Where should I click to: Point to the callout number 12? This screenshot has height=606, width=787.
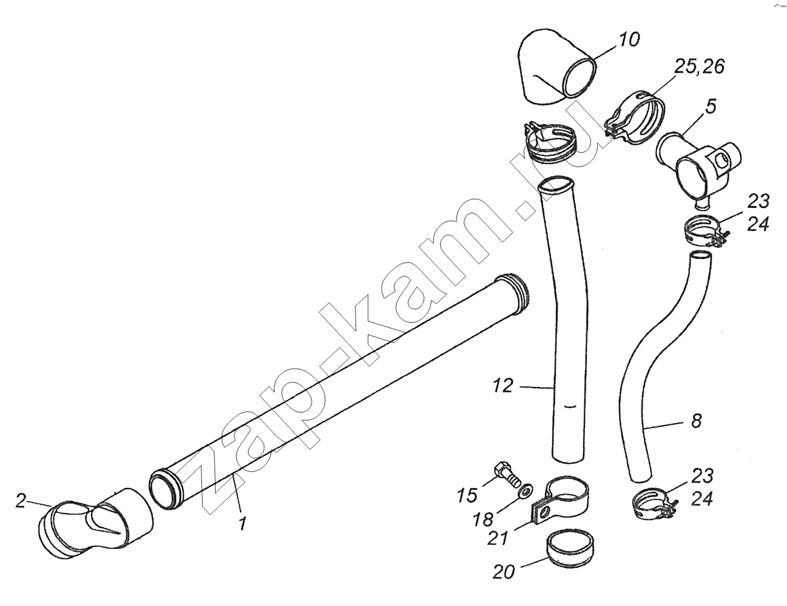(503, 386)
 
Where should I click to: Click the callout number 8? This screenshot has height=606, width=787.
(696, 421)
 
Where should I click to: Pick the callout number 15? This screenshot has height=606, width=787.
(467, 495)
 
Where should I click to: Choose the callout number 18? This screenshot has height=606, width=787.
(483, 519)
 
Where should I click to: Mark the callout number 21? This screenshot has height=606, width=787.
(498, 538)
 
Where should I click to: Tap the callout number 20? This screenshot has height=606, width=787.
(504, 573)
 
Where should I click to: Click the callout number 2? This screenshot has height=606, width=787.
(20, 500)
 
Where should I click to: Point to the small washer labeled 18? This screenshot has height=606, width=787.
(523, 490)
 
